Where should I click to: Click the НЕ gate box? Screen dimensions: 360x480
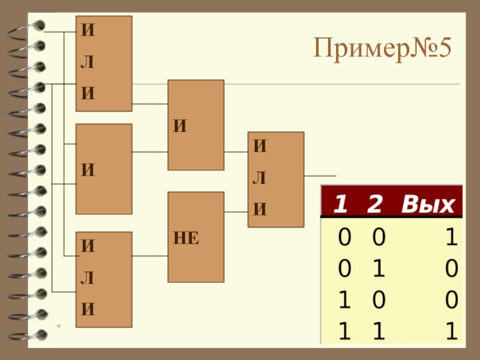(x=196, y=237)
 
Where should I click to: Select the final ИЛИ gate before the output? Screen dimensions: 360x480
(x=276, y=179)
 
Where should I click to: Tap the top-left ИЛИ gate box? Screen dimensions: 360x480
(x=103, y=64)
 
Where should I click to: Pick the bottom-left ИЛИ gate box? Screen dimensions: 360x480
(x=103, y=280)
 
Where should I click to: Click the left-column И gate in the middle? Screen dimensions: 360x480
(x=103, y=169)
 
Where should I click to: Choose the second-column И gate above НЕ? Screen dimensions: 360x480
(x=196, y=125)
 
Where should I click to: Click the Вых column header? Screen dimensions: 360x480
(x=428, y=205)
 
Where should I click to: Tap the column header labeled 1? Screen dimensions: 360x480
(x=340, y=205)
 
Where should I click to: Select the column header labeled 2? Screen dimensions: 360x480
(x=375, y=205)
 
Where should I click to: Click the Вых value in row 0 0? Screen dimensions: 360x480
(x=451, y=239)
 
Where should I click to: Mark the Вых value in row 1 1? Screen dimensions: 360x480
(x=451, y=331)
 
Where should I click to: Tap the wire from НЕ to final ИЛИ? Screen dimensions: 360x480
(x=236, y=211)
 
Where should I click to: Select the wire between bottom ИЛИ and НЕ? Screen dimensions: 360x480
(x=149, y=256)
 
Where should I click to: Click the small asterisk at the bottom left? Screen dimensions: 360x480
(x=59, y=326)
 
